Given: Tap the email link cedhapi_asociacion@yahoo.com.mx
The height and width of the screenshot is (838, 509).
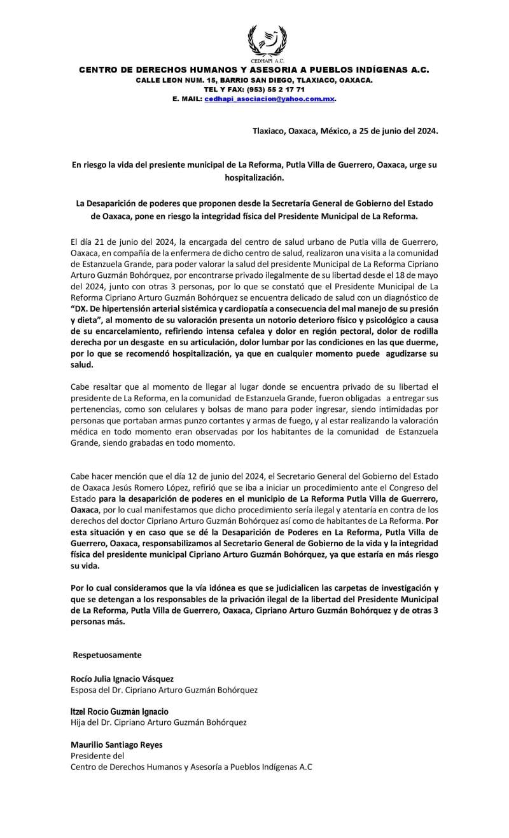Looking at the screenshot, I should pyautogui.click(x=269, y=100).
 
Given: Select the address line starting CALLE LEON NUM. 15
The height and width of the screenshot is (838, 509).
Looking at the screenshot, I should pyautogui.click(x=254, y=80).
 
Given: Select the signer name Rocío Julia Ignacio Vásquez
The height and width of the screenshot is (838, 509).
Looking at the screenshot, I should pyautogui.click(x=122, y=678).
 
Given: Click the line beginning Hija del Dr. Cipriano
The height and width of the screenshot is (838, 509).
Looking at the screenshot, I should pyautogui.click(x=158, y=722).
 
